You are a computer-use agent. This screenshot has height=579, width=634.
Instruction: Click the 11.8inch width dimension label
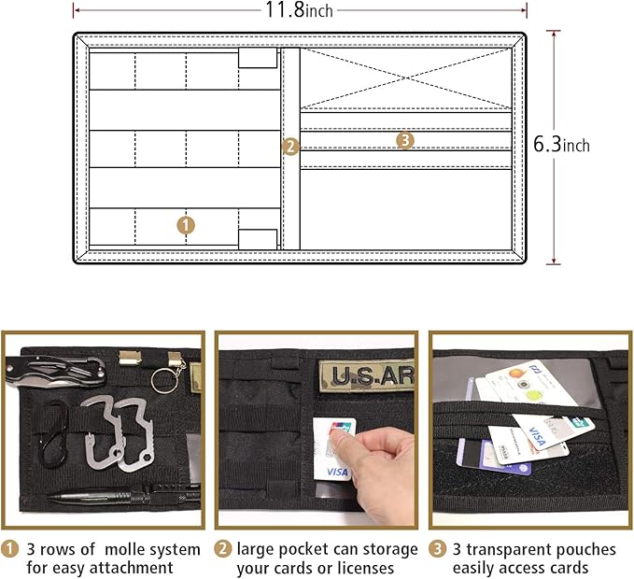tap(300, 10)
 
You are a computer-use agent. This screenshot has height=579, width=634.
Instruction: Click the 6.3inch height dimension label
tap(561, 145)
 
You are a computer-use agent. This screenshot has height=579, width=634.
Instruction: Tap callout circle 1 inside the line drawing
tap(186, 225)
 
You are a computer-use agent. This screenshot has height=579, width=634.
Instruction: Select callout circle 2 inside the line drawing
tap(289, 146)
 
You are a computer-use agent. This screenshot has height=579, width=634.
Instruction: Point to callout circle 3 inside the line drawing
tap(404, 140)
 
